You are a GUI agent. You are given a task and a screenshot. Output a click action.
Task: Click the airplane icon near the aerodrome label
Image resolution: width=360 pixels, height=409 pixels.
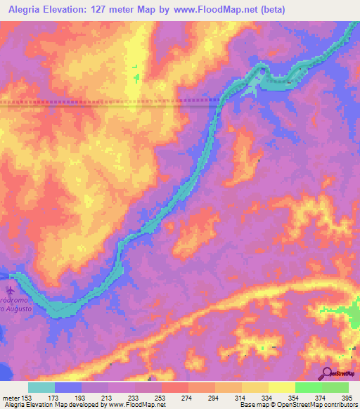10,290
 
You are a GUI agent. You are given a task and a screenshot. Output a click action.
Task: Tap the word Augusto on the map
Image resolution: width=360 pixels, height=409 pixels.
18,309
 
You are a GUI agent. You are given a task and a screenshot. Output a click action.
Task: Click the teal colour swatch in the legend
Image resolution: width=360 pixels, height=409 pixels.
41,387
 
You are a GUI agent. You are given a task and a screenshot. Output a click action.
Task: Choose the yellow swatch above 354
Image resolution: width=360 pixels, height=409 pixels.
282,387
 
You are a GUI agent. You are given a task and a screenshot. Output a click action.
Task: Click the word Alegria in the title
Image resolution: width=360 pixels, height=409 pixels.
25,9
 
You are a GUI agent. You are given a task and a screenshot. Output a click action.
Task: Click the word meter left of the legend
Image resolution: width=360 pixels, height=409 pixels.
11,398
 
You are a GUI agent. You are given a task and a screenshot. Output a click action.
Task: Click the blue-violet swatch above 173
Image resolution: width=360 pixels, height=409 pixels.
68,387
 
